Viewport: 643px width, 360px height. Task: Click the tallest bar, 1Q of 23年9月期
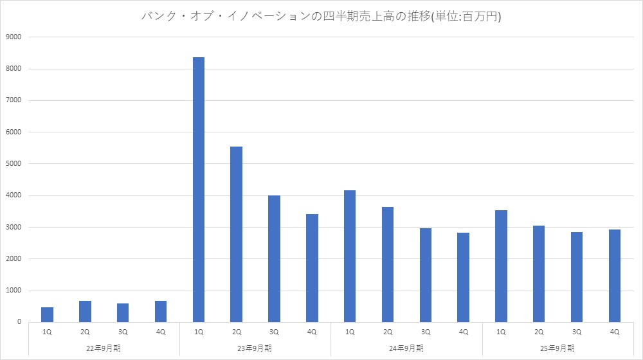click(x=199, y=190)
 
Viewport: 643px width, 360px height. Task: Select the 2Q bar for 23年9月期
click(x=237, y=234)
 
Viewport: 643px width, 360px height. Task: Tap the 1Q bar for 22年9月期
click(x=48, y=314)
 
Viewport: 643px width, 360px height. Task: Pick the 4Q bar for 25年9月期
click(x=615, y=276)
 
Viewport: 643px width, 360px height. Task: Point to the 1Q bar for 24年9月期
click(x=350, y=256)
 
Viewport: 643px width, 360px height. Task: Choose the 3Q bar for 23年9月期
click(x=275, y=258)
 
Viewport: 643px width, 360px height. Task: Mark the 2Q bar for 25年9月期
click(x=539, y=274)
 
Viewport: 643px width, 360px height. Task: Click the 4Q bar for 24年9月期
click(x=463, y=277)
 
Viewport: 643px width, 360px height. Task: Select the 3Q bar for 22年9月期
click(x=123, y=312)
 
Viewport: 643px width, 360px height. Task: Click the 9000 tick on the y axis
click(x=14, y=37)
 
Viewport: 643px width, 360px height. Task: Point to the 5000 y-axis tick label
click(x=14, y=164)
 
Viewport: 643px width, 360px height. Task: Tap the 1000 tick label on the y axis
click(x=14, y=291)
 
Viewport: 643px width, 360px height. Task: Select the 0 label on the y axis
click(x=19, y=322)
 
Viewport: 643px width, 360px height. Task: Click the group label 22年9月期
click(x=104, y=348)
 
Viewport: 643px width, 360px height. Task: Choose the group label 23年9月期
click(x=255, y=348)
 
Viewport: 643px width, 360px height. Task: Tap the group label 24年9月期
click(x=406, y=348)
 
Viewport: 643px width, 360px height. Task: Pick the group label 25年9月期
click(x=557, y=348)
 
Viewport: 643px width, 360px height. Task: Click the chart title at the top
click(x=321, y=17)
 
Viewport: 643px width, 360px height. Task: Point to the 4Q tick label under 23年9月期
click(x=312, y=332)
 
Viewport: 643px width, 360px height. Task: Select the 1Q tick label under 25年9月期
click(x=501, y=332)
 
